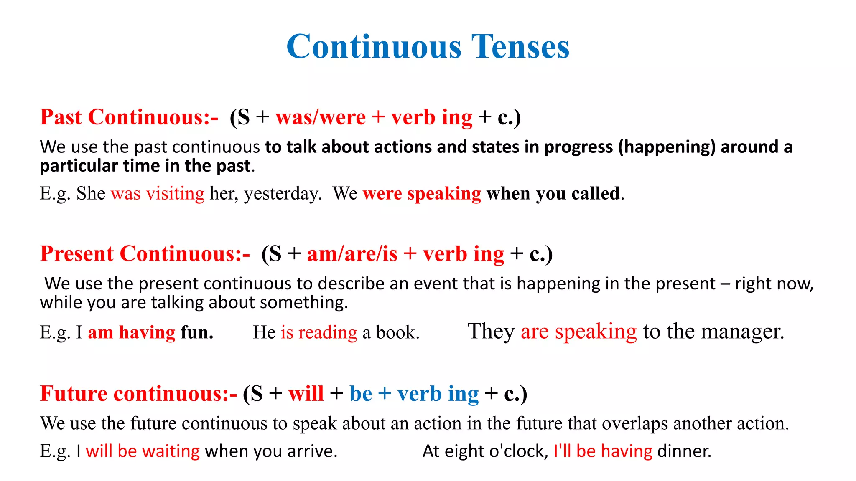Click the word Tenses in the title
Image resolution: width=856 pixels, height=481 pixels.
(520, 46)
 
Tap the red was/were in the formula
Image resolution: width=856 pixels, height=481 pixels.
(321, 117)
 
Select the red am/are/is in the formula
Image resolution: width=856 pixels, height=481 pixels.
(352, 254)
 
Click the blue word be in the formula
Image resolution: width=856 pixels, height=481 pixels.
(361, 394)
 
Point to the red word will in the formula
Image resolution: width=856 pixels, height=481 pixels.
(306, 394)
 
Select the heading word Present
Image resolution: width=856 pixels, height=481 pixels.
(76, 254)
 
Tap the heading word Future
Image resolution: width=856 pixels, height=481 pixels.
(74, 394)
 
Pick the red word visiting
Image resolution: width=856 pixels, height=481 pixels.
(175, 194)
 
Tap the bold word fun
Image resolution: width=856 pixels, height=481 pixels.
(197, 333)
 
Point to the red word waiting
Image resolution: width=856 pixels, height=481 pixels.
(171, 451)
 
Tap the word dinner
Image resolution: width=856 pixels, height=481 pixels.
(684, 451)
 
